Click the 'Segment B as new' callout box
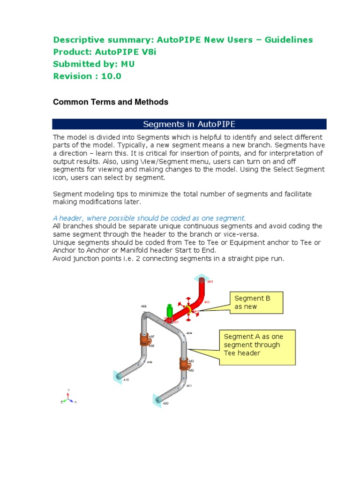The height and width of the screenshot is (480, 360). coord(256,302)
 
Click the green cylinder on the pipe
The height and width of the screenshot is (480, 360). coord(170,312)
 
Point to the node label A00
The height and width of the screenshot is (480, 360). coord(165,403)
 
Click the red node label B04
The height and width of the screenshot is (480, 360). coord(210,282)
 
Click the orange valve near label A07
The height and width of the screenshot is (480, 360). coord(143,340)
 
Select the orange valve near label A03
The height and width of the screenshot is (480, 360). coord(183,364)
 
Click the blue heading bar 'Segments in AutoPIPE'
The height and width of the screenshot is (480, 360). coord(189,124)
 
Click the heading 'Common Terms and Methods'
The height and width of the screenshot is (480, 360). coord(110,102)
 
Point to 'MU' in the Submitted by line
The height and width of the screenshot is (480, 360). coord(128,64)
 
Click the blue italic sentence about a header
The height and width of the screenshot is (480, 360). coord(149,218)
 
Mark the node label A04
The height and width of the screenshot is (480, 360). coord(189,333)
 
